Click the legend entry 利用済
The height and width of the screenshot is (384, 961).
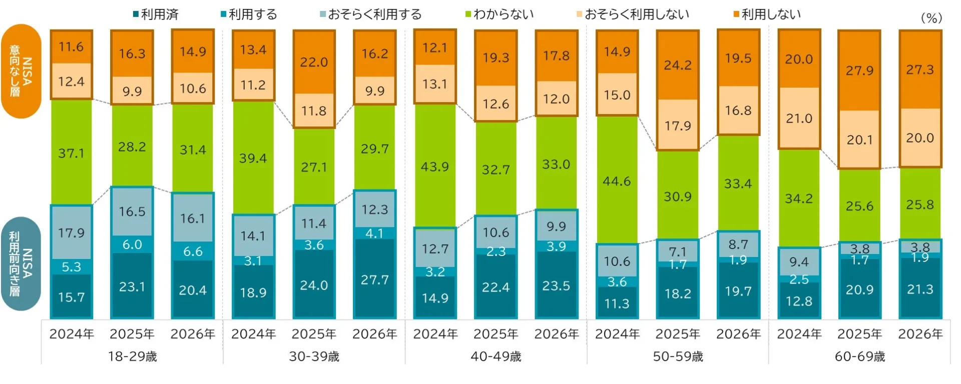(156, 14)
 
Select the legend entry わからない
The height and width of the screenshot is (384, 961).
(501, 14)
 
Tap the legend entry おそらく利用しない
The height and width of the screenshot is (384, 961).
(633, 14)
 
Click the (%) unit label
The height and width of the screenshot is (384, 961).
(931, 18)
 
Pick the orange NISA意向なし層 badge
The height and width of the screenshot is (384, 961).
(21, 71)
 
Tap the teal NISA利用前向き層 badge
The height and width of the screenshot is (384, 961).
(21, 263)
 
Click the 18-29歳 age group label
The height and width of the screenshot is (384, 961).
(132, 356)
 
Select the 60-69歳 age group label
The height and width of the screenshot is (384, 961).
(859, 356)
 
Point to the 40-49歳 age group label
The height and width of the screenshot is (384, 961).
(496, 356)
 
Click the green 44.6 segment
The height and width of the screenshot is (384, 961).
(617, 181)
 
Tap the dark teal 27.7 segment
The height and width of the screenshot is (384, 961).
(374, 279)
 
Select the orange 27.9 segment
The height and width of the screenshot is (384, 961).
(859, 70)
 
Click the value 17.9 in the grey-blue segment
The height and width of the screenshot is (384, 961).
(71, 233)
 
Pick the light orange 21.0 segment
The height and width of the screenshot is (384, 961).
(799, 118)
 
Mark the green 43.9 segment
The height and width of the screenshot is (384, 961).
(434, 166)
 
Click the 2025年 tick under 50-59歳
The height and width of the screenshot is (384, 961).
(677, 334)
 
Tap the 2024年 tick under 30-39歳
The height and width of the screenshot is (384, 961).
(253, 334)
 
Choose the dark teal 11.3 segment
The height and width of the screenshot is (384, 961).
(617, 303)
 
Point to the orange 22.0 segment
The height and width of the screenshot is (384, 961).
(314, 62)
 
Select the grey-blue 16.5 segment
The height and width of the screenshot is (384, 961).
(132, 211)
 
